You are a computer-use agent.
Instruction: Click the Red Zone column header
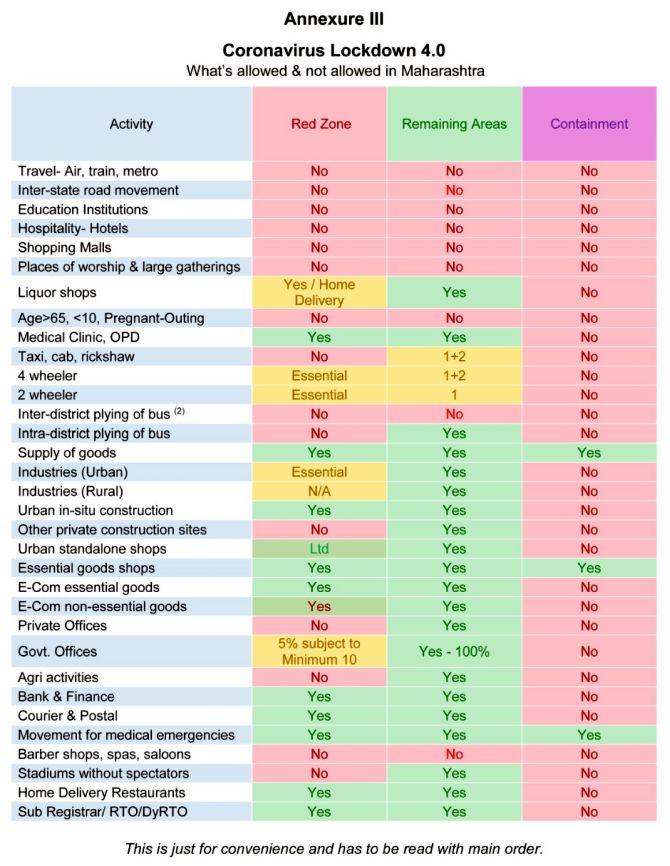click(x=321, y=124)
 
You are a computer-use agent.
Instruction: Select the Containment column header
click(x=589, y=124)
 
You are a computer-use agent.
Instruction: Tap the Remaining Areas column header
click(x=454, y=124)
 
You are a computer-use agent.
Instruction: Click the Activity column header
click(x=131, y=124)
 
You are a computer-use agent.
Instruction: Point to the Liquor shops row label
click(x=57, y=292)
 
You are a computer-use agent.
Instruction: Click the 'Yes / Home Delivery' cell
click(x=319, y=292)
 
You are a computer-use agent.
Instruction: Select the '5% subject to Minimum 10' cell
click(x=319, y=651)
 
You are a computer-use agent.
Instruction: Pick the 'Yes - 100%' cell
click(x=454, y=652)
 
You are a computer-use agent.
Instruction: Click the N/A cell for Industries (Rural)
click(x=319, y=491)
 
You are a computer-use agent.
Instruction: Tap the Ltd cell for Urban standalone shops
click(x=319, y=548)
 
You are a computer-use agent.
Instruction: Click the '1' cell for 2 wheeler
click(x=454, y=395)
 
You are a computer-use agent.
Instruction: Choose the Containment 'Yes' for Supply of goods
click(x=589, y=453)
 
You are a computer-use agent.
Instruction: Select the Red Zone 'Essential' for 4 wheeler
click(x=319, y=376)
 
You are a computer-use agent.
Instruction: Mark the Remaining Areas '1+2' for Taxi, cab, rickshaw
click(x=454, y=356)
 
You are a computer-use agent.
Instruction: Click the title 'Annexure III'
click(x=334, y=19)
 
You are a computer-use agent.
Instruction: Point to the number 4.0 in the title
click(x=432, y=50)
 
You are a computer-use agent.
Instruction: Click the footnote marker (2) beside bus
click(x=180, y=411)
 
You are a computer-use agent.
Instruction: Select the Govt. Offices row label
click(x=57, y=652)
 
